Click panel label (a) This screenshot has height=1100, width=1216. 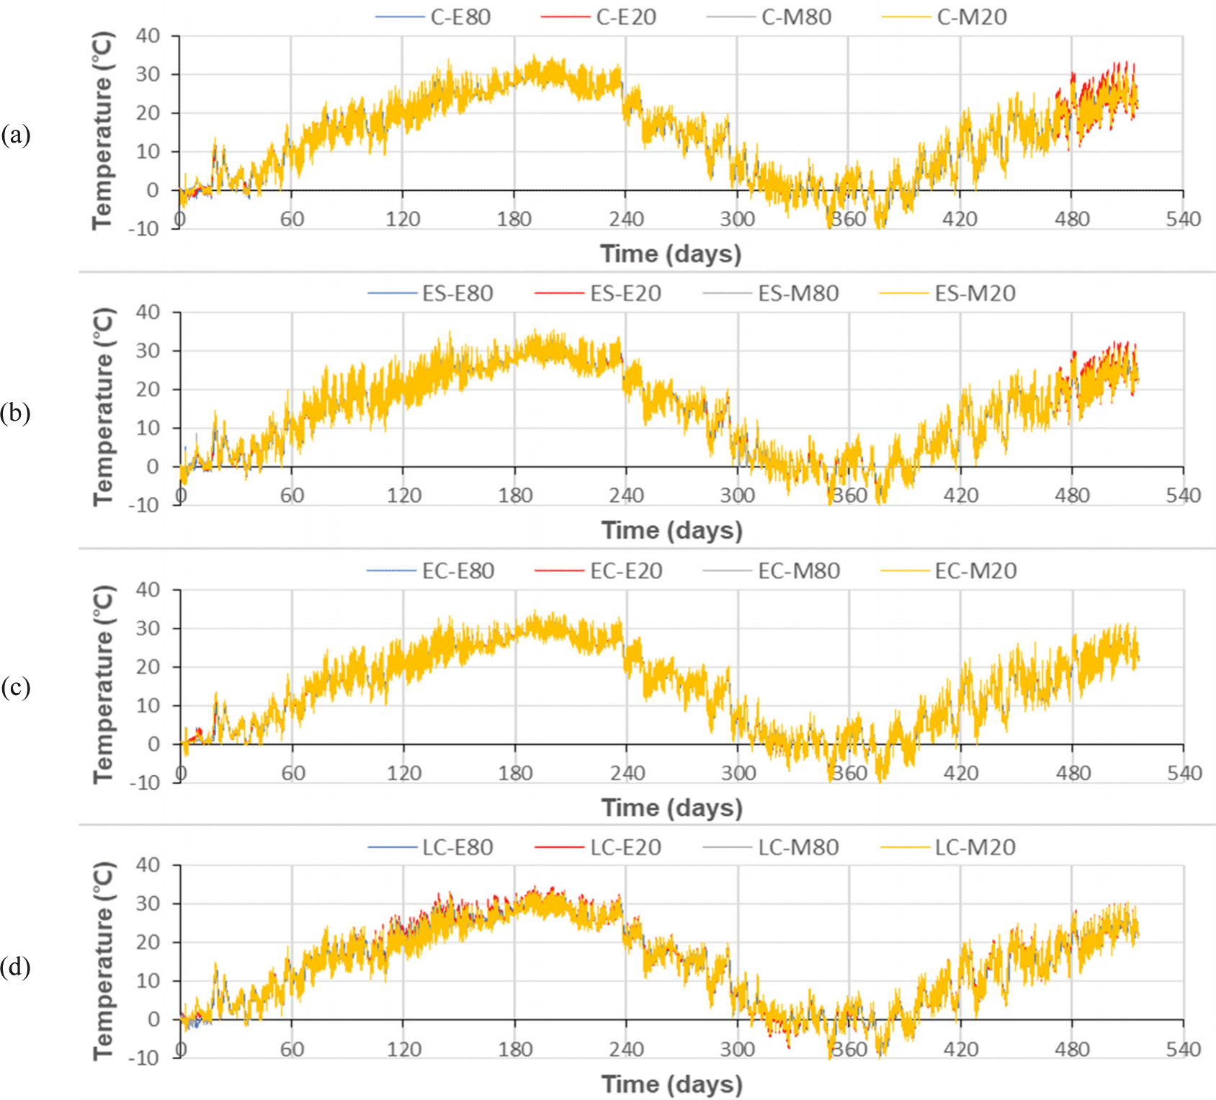pyautogui.click(x=16, y=135)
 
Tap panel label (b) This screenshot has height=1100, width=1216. pyautogui.click(x=16, y=413)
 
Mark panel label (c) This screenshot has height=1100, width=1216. pyautogui.click(x=16, y=687)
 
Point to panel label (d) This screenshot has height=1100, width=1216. pyautogui.click(x=16, y=966)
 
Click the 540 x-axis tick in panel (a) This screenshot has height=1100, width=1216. pyautogui.click(x=1183, y=219)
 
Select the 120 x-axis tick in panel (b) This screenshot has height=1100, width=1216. pyautogui.click(x=403, y=496)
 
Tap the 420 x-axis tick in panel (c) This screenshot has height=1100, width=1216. pyautogui.click(x=961, y=773)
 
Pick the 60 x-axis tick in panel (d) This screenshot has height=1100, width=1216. pyautogui.click(x=292, y=1049)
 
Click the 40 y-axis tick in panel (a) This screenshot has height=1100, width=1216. pyautogui.click(x=148, y=35)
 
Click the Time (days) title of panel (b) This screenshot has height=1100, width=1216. pyautogui.click(x=671, y=530)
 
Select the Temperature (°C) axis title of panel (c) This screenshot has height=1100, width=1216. pyautogui.click(x=104, y=684)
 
